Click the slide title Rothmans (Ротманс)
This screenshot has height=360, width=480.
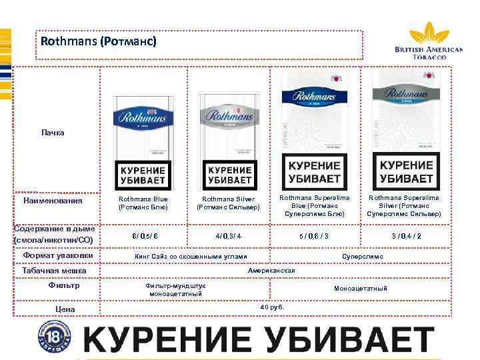click(x=99, y=41)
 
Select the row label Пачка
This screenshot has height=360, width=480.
click(x=53, y=133)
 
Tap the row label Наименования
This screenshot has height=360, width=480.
click(x=53, y=200)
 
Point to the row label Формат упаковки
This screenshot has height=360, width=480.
click(x=58, y=255)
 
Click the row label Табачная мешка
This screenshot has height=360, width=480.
click(x=55, y=271)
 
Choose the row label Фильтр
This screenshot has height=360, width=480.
click(x=64, y=285)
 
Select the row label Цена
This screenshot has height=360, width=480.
click(x=65, y=309)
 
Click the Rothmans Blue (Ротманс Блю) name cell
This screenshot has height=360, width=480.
click(x=143, y=203)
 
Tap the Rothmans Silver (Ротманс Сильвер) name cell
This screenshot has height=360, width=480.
click(x=228, y=203)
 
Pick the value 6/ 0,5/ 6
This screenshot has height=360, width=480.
click(x=145, y=236)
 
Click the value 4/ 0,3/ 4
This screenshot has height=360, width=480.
click(x=228, y=236)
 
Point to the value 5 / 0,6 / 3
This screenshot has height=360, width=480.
click(x=314, y=236)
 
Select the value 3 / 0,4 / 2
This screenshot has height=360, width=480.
click(x=406, y=236)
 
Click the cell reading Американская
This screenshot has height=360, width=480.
click(x=271, y=271)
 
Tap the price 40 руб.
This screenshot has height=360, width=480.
click(x=272, y=307)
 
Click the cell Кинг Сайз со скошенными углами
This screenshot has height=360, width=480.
click(x=191, y=256)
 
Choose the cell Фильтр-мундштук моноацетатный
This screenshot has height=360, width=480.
click(x=176, y=289)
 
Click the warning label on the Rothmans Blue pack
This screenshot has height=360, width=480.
click(x=143, y=175)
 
